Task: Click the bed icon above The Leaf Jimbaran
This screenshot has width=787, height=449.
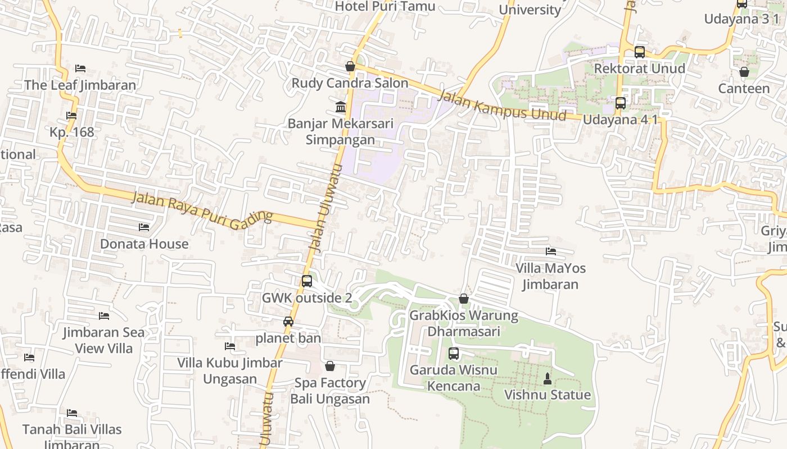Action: point(80,68)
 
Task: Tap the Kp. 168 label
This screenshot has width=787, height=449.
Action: point(72,132)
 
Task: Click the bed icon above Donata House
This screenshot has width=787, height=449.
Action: point(144,227)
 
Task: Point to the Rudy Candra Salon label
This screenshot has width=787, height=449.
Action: point(350,83)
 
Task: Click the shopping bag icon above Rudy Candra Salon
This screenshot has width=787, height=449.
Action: point(350,66)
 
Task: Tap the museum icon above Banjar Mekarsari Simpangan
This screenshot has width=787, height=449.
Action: point(341,107)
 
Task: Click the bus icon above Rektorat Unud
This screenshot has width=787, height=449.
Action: point(640,52)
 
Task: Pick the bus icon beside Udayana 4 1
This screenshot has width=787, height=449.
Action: point(621,103)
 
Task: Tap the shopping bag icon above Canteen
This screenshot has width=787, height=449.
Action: point(744,72)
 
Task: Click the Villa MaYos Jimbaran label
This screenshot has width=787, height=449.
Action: point(550,276)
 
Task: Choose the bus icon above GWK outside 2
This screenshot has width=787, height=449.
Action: point(307,281)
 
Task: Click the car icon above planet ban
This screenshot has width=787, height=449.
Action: point(288,322)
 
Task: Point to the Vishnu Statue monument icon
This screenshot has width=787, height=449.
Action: point(548,379)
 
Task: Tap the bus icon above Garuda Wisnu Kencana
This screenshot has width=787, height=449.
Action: point(454,354)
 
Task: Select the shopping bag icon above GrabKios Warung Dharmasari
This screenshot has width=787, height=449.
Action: point(464,299)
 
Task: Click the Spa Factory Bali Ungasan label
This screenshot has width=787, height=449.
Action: point(330,391)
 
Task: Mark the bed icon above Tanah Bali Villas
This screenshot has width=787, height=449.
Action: point(72,413)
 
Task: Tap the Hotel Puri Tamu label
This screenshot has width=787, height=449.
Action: point(385,6)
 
